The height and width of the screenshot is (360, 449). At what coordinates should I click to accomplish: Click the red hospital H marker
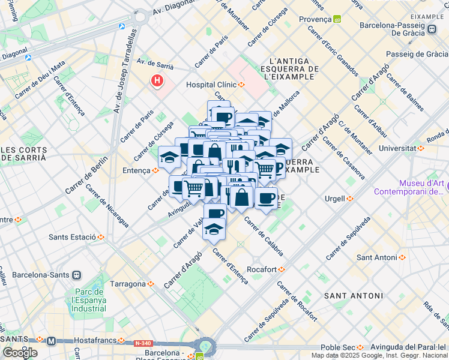tap(158, 80)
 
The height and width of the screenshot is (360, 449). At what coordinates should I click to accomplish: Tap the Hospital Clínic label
tap(212, 85)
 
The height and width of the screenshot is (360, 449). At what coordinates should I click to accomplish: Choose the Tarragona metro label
tap(128, 284)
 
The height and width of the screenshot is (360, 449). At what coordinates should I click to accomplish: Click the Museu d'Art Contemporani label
tap(409, 188)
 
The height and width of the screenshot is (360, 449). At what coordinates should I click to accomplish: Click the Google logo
tap(19, 352)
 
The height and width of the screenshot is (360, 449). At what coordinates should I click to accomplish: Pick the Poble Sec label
tap(337, 347)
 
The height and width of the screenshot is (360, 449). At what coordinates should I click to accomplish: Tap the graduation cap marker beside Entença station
tap(169, 157)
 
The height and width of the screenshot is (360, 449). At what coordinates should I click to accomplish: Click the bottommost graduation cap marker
tap(214, 229)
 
